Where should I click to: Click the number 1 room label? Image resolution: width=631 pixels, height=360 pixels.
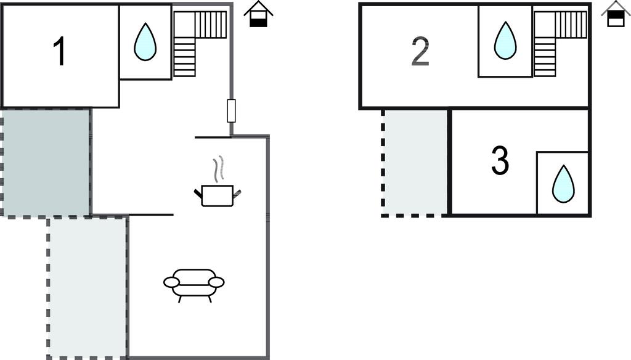coord(59,52)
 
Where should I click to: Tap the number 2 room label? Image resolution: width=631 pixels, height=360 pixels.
coord(420,53)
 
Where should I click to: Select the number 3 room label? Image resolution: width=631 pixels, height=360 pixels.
coord(500,161)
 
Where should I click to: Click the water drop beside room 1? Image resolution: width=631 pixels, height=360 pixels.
coord(145,42)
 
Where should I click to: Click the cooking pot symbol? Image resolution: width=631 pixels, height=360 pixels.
coord(217,195)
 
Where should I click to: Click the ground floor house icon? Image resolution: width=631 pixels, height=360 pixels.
coord(258,15)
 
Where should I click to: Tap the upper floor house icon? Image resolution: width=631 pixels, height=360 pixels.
coord(615,15)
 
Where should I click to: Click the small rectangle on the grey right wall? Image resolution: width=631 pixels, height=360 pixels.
coord(232,110)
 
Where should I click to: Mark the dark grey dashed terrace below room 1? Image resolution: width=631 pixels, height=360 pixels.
coord(46,162)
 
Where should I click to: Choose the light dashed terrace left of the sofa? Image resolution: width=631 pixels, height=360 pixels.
coord(88,287)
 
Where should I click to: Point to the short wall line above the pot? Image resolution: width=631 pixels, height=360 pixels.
coord(213,137)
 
